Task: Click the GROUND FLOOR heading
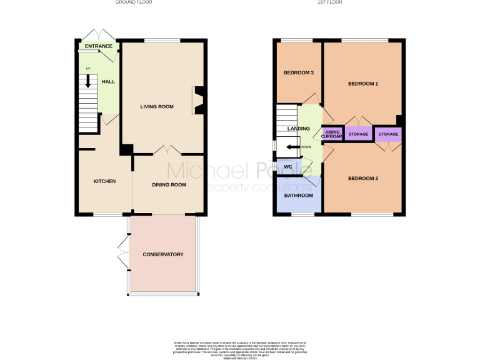(x=133, y=2)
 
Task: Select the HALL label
(x=108, y=81)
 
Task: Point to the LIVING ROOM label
(x=156, y=106)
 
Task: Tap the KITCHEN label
(x=104, y=181)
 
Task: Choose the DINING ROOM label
(x=169, y=184)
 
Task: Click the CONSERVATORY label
(x=162, y=254)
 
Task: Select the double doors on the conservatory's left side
(x=122, y=254)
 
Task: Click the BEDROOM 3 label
(x=298, y=73)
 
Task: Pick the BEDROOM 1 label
(x=362, y=84)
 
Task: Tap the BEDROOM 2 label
(x=362, y=179)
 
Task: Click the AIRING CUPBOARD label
(x=331, y=134)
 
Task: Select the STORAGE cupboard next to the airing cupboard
(x=358, y=134)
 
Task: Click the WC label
(x=288, y=167)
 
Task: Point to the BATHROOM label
(x=298, y=196)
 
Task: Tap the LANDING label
(x=298, y=129)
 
